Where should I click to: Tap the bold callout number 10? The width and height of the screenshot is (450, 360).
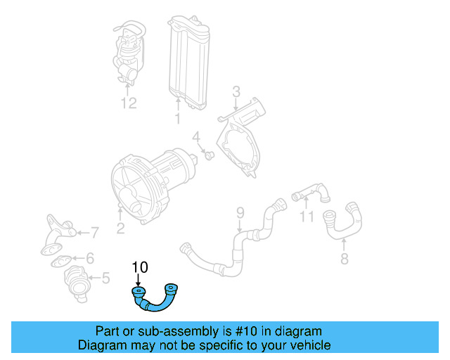click(140, 267)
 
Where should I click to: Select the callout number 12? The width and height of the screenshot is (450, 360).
click(127, 103)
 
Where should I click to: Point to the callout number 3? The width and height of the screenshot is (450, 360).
click(236, 91)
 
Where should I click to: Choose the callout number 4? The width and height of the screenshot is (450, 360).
click(197, 136)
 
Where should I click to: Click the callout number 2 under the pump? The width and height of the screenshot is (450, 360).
click(120, 226)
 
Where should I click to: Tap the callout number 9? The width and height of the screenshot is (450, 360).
click(240, 212)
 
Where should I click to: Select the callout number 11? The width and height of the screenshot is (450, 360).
click(307, 217)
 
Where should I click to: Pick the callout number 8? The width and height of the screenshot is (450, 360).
click(344, 258)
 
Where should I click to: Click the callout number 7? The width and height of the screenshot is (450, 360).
click(95, 232)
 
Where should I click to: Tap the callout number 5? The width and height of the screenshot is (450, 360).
click(105, 278)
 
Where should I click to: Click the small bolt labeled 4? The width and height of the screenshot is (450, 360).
click(210, 154)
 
